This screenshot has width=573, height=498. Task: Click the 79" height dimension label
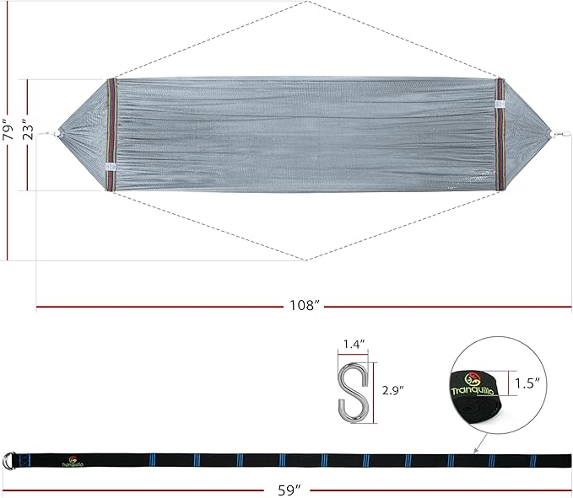[x=8, y=129]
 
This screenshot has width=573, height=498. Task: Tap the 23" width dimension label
[x=28, y=129]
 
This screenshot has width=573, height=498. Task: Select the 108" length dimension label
[x=305, y=305]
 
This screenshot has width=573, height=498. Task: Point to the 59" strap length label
[x=289, y=490]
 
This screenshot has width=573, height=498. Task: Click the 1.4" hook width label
[x=354, y=344]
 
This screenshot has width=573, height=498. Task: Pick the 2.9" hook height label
[x=393, y=390]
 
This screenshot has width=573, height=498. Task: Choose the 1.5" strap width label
[x=527, y=383]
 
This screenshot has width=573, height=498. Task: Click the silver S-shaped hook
[x=353, y=392]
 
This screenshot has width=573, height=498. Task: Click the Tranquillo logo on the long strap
[x=73, y=461]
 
